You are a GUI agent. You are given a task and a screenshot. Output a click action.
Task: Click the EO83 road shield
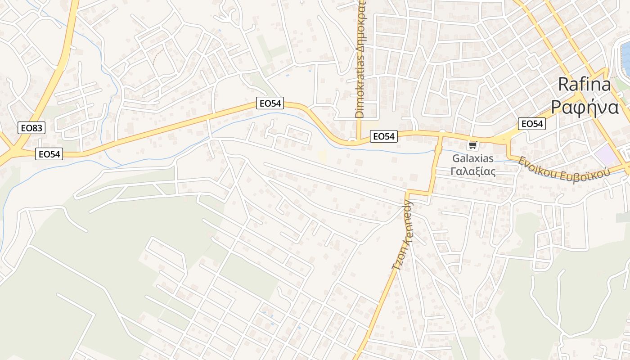31,128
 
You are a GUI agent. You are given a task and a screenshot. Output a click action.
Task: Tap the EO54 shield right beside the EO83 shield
49,154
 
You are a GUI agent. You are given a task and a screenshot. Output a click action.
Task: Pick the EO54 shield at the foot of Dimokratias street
384,136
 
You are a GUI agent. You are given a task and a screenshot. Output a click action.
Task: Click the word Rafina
584,85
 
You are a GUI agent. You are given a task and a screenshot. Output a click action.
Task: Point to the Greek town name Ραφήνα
585,108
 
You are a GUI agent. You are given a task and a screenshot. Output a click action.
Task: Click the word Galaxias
472,158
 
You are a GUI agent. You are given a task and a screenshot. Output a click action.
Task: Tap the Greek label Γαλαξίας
473,171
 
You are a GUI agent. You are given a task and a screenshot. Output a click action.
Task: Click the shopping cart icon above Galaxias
472,145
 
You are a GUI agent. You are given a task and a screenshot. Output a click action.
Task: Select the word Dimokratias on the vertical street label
359,93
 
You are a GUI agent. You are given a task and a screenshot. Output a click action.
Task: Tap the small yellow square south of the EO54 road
322,156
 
